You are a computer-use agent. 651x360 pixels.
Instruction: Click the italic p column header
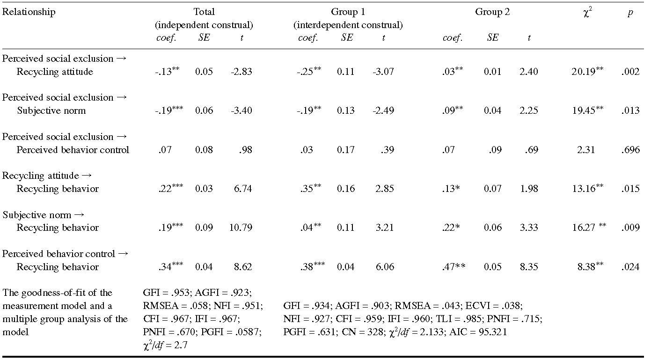point(630,13)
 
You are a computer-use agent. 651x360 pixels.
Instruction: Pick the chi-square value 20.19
point(579,72)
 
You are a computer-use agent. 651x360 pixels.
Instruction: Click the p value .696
point(630,150)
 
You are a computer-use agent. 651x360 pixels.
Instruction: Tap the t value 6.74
point(244,189)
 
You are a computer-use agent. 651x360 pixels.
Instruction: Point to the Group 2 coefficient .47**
point(454,267)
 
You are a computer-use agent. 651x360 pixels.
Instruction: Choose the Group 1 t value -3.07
point(383,72)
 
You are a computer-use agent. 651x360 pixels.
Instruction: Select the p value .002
point(630,72)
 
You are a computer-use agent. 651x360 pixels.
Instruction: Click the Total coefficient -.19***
point(169,111)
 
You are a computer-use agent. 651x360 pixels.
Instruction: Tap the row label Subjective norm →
point(44,215)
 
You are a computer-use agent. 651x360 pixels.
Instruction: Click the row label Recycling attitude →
point(47,176)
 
